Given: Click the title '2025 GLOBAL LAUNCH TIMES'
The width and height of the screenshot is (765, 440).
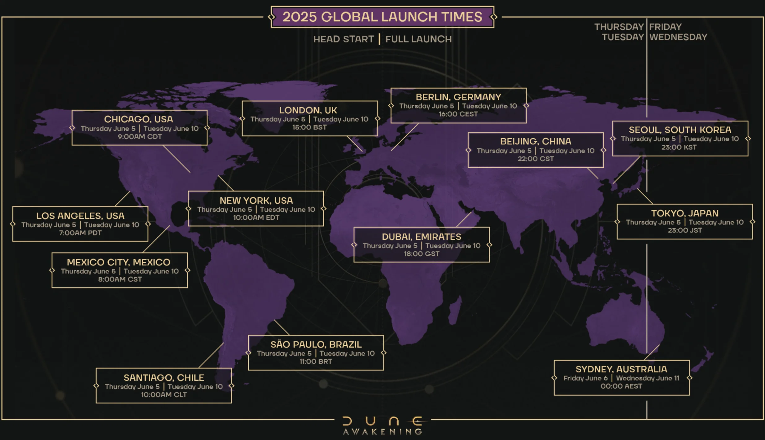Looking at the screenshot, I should (x=382, y=17).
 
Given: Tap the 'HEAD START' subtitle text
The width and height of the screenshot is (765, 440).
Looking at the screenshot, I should (x=343, y=39).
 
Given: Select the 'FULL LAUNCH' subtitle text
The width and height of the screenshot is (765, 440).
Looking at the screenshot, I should (x=418, y=39).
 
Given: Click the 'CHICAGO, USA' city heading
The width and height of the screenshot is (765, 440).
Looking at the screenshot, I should (x=138, y=119).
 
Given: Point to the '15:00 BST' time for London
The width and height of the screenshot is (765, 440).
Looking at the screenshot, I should (x=309, y=127).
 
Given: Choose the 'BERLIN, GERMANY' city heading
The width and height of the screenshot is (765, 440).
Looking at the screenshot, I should (x=458, y=97).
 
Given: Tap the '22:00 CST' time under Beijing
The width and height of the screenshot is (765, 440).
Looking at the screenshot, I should (x=536, y=159).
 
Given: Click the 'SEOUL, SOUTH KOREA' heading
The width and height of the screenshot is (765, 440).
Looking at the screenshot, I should (x=680, y=130).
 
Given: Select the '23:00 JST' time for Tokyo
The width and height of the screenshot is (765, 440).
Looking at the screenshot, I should (x=685, y=230).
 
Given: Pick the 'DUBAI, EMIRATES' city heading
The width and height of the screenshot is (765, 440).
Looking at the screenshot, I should (x=422, y=237).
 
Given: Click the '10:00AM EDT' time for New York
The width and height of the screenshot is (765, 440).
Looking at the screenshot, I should (x=256, y=218).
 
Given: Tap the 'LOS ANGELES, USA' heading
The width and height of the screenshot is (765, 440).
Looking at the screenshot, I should (x=80, y=216).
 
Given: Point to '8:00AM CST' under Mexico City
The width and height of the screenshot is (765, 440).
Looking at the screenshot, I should (x=120, y=279).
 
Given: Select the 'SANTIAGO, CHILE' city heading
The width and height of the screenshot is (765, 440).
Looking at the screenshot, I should (x=164, y=378).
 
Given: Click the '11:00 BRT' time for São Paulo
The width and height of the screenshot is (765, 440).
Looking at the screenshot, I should (x=316, y=361).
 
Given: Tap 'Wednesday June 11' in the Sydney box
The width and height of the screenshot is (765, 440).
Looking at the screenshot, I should (x=647, y=378).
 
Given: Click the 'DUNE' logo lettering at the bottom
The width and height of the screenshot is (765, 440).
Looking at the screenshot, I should (x=382, y=421).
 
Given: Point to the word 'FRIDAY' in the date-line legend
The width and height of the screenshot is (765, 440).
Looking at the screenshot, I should (x=665, y=27).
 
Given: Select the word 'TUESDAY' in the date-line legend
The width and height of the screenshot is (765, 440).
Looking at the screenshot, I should (x=623, y=37).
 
